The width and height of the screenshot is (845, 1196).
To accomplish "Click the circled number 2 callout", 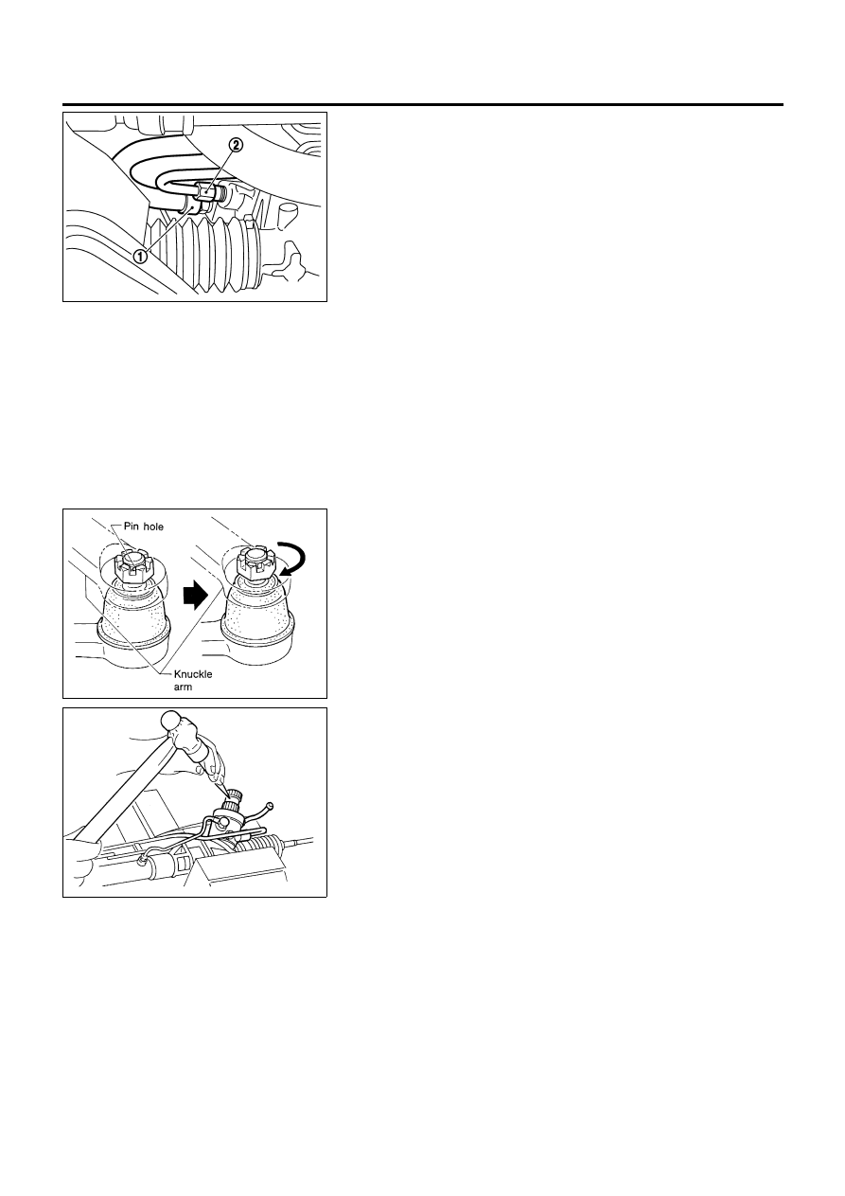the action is point(237,144).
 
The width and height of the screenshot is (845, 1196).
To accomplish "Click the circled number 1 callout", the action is point(140,257).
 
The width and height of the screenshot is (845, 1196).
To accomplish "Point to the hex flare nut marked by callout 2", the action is point(205,190).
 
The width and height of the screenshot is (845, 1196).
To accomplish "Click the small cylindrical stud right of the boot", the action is point(288,214).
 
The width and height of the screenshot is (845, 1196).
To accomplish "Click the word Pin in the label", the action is point(131,527).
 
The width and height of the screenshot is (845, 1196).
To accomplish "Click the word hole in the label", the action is point(152,527).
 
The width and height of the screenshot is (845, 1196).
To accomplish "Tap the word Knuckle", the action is point(193,674).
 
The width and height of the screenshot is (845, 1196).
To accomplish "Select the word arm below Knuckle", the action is point(183,687).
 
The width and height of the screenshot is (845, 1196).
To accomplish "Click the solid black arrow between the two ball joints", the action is point(194,596).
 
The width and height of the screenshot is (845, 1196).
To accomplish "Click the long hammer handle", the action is point(128,779).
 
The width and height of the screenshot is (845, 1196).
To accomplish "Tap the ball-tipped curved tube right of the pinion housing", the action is point(260,812).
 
